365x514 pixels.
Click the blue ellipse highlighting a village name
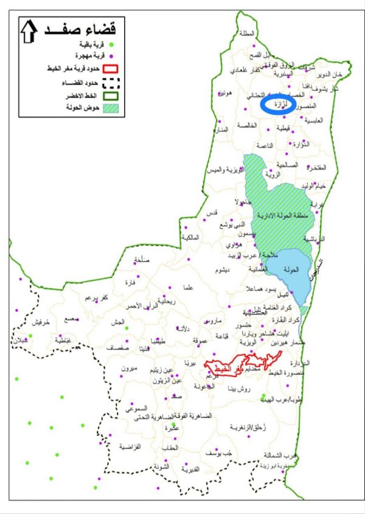pyautogui.click(x=278, y=104)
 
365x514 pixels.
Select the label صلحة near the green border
pyautogui.click(x=141, y=260)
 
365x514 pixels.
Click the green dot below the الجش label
pyautogui.click(x=126, y=328)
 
